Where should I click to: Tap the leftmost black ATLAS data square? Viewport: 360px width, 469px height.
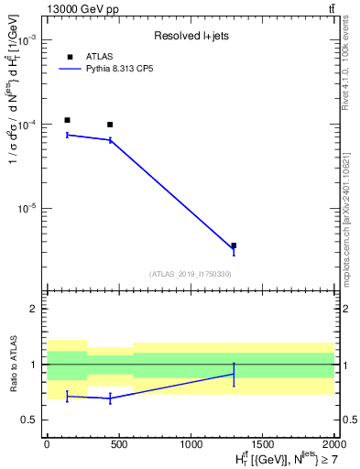point(67,120)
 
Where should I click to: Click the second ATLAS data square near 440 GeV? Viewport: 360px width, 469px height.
point(110,125)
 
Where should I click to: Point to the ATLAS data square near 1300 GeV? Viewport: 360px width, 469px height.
point(234,245)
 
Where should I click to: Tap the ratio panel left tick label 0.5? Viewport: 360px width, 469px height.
point(28,420)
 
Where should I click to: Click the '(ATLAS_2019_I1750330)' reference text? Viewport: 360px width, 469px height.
point(190,274)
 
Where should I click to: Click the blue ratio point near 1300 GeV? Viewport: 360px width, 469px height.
point(234,374)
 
